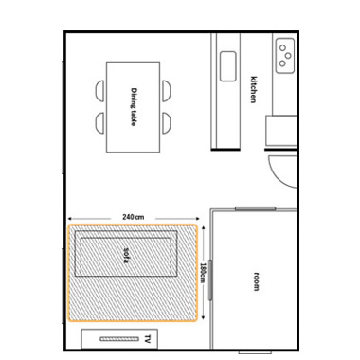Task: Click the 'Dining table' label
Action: point(134,107)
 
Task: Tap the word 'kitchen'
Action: point(253,89)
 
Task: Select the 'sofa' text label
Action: point(126,255)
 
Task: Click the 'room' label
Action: point(256,281)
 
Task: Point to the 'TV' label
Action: point(147,339)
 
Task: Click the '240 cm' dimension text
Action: point(134,217)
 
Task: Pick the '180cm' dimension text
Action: point(203,273)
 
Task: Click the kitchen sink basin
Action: point(228,66)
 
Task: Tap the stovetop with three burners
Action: point(285,56)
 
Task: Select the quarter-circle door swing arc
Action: point(278,178)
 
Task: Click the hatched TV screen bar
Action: point(119,339)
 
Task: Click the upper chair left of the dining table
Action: point(99,91)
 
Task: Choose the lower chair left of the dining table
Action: point(99,123)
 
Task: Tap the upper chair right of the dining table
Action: point(167,91)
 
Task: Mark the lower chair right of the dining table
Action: point(167,123)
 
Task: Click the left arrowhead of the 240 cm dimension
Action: point(70,218)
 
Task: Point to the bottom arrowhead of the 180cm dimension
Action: point(203,317)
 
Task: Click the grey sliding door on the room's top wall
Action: point(256,208)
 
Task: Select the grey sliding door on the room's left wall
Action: point(210,279)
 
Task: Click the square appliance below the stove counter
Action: point(281,131)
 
